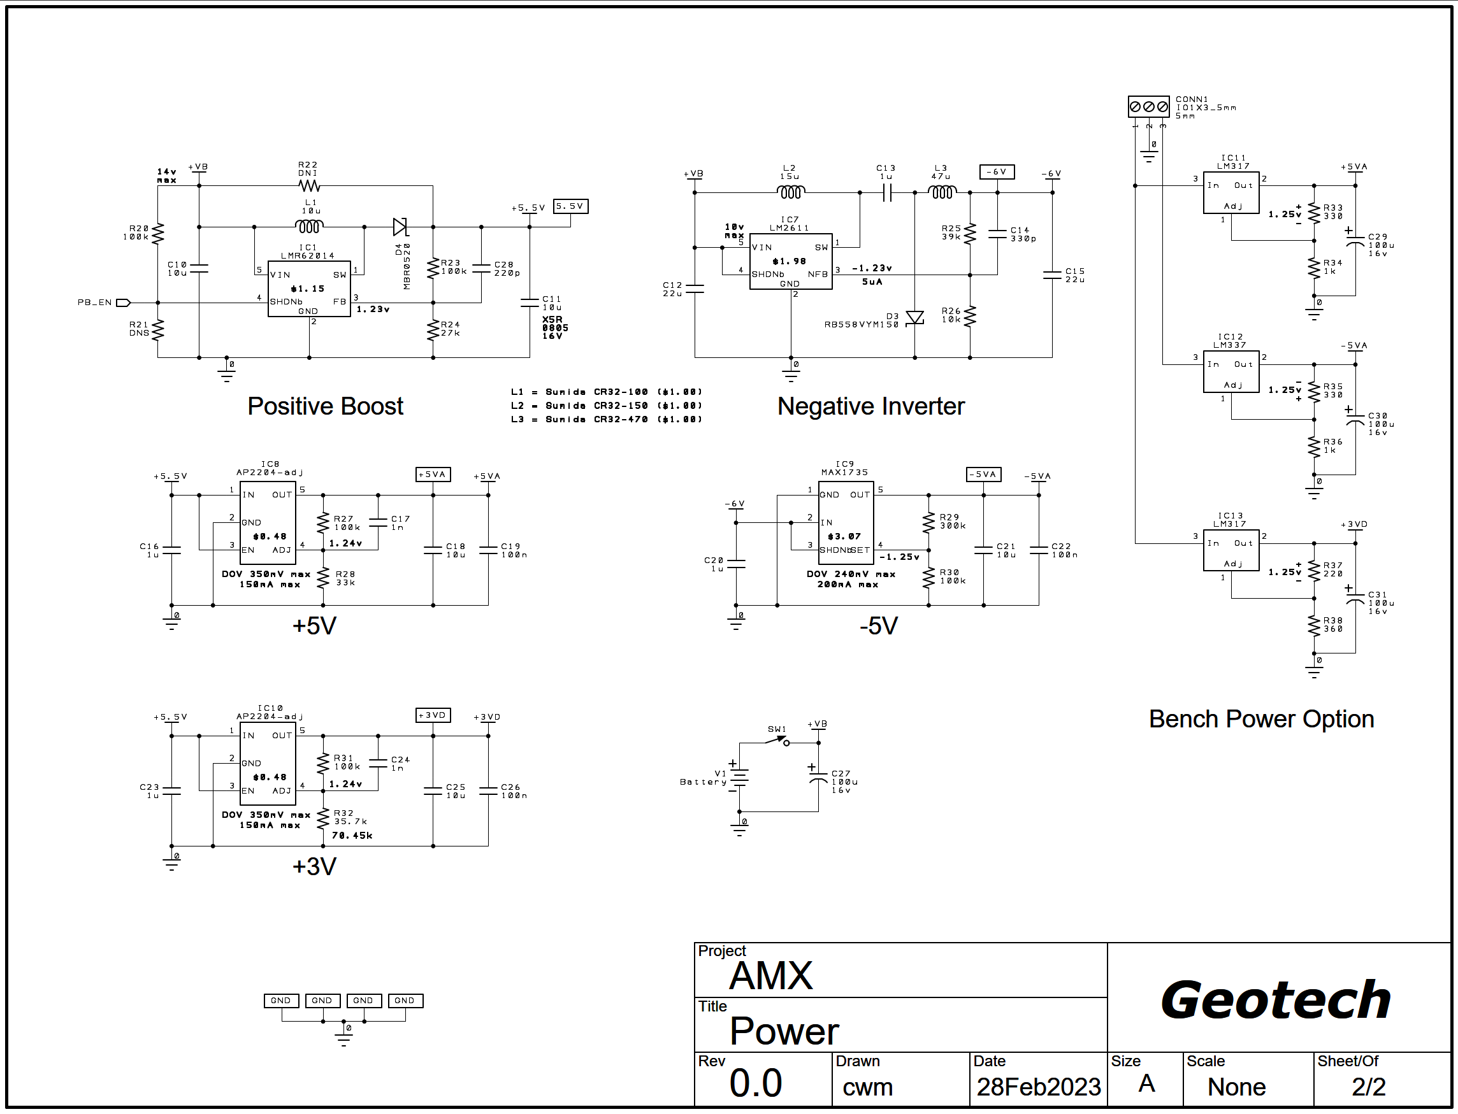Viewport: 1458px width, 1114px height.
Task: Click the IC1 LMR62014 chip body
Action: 308,289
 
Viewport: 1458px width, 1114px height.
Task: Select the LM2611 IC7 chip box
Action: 790,261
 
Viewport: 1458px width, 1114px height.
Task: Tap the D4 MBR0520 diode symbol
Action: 400,227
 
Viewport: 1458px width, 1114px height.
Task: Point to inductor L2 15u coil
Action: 790,192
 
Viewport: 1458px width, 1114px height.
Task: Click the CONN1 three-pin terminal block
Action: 1148,106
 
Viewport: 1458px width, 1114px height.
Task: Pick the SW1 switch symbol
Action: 777,741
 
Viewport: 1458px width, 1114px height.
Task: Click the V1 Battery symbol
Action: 739,778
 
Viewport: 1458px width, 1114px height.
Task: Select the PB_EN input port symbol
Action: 124,303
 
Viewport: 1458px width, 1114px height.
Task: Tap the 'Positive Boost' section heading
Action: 325,406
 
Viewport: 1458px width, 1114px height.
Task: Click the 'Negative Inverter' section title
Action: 870,406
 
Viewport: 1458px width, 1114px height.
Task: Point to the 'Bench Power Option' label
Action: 1261,719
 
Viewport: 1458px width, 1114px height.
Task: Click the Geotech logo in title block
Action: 1275,1000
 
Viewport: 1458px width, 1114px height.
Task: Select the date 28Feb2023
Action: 1038,1087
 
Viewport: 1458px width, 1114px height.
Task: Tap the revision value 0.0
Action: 756,1083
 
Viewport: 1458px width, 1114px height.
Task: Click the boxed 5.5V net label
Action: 570,206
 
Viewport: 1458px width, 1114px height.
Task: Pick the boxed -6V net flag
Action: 997,172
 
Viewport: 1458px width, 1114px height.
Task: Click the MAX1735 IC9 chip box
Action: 845,522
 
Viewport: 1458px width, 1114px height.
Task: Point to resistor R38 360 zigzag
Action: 1313,625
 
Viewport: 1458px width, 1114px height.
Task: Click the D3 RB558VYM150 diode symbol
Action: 914,318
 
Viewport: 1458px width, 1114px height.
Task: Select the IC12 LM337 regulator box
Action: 1231,374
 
